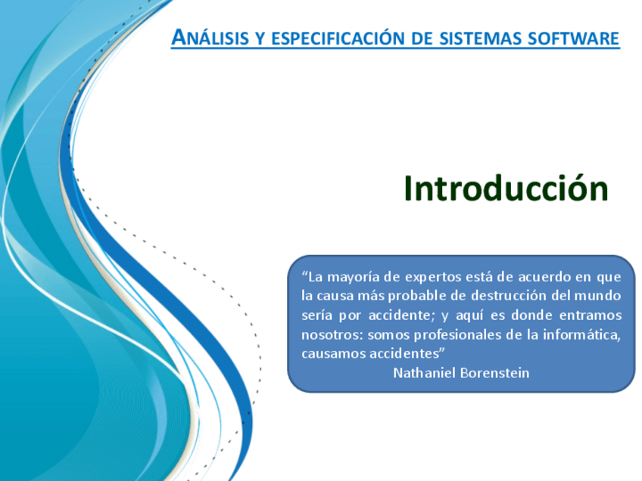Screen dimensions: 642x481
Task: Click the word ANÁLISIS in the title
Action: pos(210,37)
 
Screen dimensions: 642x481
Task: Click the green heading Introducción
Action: pos(506,188)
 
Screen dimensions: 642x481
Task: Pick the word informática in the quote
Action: pos(581,335)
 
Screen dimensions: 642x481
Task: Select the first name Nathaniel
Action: pos(424,373)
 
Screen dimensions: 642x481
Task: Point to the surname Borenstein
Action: pos(495,373)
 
